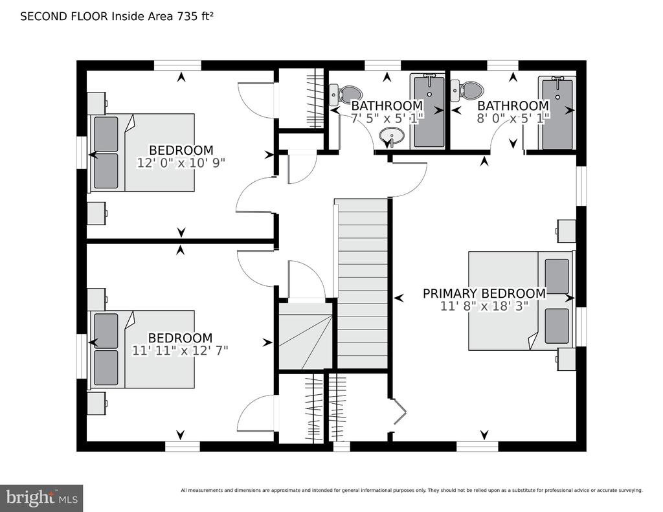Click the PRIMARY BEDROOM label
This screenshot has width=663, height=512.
click(484, 293)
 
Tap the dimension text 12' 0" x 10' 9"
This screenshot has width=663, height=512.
click(181, 162)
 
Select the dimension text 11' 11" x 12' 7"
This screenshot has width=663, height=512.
click(180, 350)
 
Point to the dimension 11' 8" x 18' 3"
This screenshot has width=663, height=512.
click(484, 306)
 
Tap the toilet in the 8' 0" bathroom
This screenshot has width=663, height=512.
click(467, 90)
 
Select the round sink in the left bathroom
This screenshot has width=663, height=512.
click(392, 136)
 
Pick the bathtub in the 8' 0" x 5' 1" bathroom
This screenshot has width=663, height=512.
click(557, 113)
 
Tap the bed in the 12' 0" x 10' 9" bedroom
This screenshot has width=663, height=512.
click(141, 152)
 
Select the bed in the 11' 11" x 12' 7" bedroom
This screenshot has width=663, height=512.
click(141, 350)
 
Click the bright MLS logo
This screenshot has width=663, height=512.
click(41, 498)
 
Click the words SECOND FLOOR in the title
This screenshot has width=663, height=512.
click(64, 16)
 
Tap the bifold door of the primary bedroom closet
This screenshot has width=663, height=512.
click(398, 411)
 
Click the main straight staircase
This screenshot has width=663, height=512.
click(362, 284)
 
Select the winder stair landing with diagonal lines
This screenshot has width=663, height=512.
click(306, 336)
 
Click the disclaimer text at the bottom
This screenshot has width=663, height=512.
click(411, 491)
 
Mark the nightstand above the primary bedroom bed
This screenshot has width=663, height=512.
click(566, 231)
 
